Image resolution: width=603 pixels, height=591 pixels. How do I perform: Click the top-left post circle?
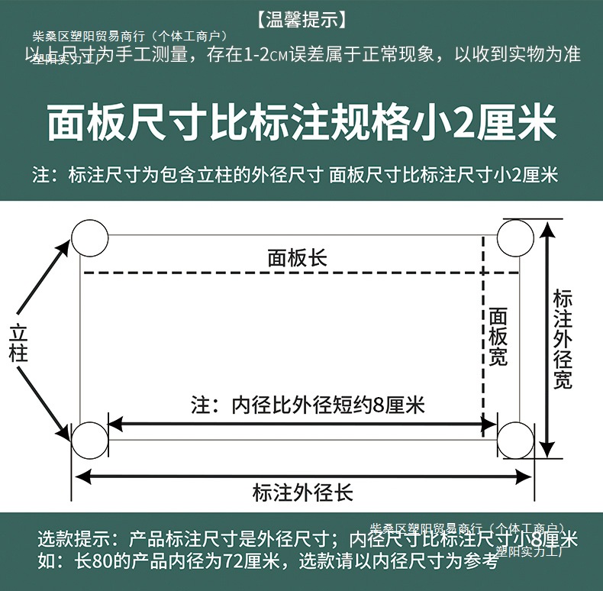click(90, 238)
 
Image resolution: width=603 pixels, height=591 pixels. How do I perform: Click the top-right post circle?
click(515, 237)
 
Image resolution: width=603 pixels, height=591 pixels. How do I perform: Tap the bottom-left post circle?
click(90, 441)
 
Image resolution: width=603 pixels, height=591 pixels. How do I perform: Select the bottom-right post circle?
click(515, 441)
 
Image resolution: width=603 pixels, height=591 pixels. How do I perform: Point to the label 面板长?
click(297, 258)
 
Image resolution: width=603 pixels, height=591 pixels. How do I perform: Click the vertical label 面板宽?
click(498, 337)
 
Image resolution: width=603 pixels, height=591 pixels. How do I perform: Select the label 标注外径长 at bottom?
click(303, 492)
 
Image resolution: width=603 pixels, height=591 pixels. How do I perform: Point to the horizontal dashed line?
click(282, 273)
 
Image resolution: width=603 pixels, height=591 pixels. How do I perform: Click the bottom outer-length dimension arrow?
click(191, 476)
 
